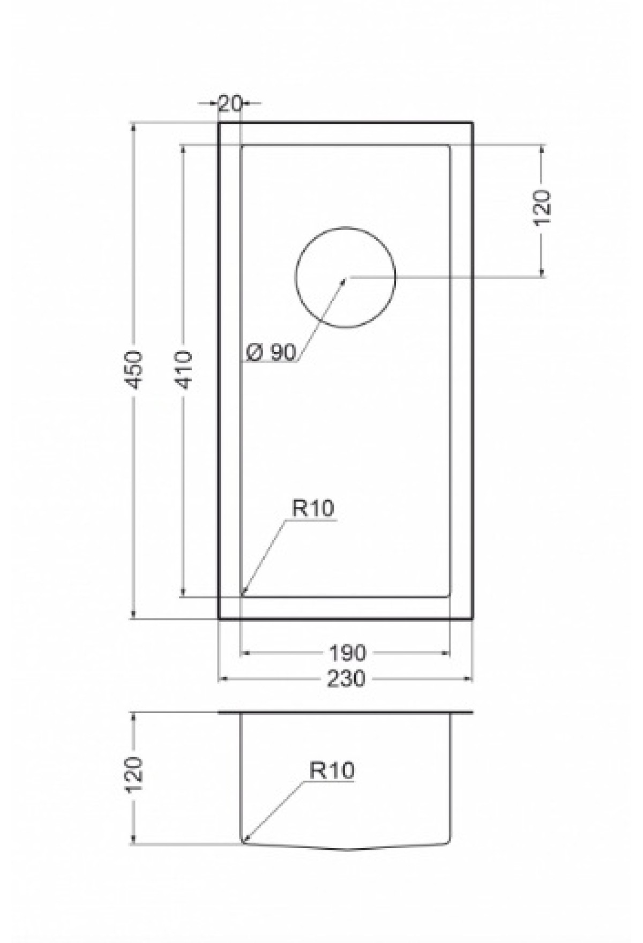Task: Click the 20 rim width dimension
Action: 230,103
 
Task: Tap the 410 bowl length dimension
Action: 184,370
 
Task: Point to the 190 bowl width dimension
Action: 346,653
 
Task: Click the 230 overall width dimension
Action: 346,679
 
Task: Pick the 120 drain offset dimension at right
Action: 542,208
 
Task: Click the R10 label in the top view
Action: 313,507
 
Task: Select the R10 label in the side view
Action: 332,771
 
